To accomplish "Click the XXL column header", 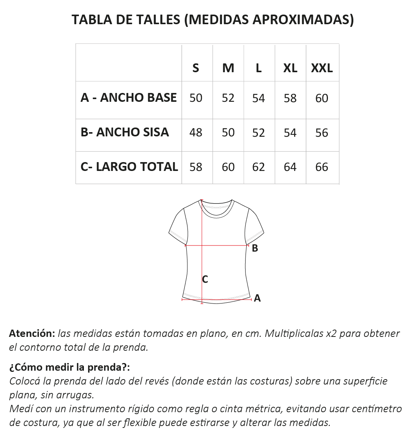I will coord(322,68).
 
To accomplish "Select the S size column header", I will coord(196,68).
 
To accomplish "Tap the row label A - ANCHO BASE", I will coord(129,98).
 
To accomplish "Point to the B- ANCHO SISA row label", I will coord(125,132).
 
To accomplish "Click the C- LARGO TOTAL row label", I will coord(129,167).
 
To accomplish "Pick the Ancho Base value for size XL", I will coord(290,98).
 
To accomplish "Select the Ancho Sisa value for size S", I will coord(196,133).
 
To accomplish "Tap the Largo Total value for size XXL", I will coord(321,167).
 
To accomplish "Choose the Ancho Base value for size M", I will coord(228,98).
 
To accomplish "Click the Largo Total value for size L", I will coord(258,167).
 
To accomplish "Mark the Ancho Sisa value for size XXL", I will coord(321,133).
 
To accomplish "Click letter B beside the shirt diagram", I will coord(255,249).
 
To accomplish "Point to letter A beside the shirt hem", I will coord(257,298).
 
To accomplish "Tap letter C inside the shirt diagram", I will coord(205,280).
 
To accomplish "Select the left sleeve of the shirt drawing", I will coord(178,227).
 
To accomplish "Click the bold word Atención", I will coord(32,333).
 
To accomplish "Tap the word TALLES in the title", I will coord(157,20).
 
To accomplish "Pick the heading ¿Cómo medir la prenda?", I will coord(70,367).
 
